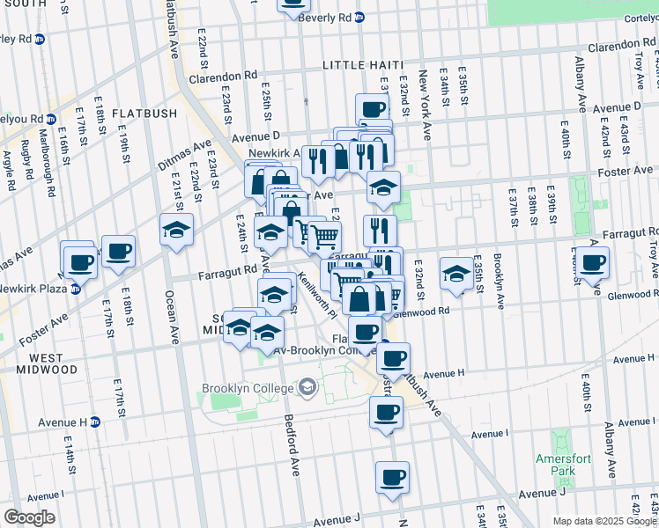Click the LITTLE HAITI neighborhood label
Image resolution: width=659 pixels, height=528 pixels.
coord(362,65)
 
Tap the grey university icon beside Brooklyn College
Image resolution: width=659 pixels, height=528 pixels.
coord(307,386)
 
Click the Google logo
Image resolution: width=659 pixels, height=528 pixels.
coord(29,517)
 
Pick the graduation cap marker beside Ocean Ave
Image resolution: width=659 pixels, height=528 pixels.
coord(176,230)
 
